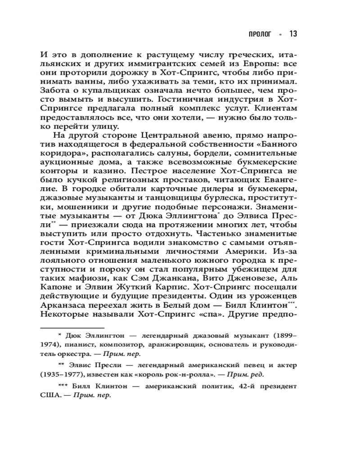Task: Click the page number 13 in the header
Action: [292, 34]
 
